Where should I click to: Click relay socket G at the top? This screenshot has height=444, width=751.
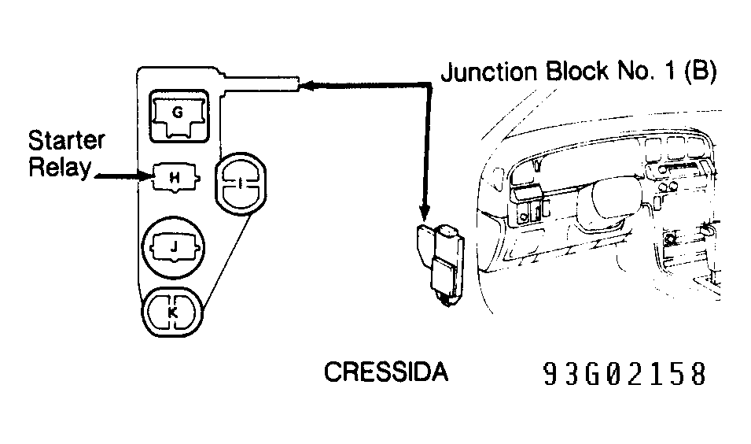tap(178, 115)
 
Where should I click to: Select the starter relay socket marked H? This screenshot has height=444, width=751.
tap(175, 179)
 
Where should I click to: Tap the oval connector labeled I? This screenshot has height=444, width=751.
tap(241, 183)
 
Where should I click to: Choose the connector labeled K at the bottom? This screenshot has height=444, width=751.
tap(172, 312)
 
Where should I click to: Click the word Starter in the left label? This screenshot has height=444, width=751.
tap(66, 142)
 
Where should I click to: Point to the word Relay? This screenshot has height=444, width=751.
tap(59, 168)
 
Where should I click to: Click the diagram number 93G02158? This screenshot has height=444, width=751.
tap(624, 375)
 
